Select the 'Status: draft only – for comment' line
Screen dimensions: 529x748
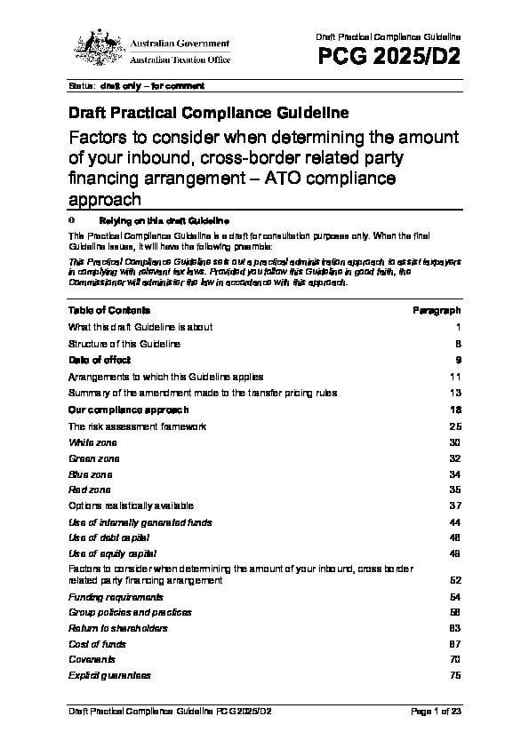pyautogui.click(x=136, y=86)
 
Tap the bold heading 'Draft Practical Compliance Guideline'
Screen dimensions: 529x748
pyautogui.click(x=208, y=114)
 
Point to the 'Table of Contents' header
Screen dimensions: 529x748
pyautogui.click(x=109, y=310)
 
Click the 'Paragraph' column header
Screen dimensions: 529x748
pyautogui.click(x=437, y=310)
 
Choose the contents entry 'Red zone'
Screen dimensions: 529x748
pyautogui.click(x=91, y=489)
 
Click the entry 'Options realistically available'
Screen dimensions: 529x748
pyautogui.click(x=131, y=505)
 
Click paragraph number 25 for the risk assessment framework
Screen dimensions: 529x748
pyautogui.click(x=454, y=426)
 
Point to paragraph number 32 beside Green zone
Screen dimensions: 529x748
pyautogui.click(x=454, y=458)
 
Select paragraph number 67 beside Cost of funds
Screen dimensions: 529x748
pyautogui.click(x=454, y=644)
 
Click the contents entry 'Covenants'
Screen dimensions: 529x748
pyautogui.click(x=92, y=660)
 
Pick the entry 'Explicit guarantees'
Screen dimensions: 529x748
pyautogui.click(x=109, y=676)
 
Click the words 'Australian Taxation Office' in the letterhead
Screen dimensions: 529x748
pyautogui.click(x=180, y=60)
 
